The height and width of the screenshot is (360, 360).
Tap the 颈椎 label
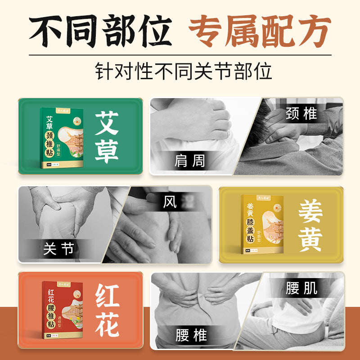coord(301,114)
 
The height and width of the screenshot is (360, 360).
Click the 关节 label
coord(58,248)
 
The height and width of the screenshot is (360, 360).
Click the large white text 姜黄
coord(310,225)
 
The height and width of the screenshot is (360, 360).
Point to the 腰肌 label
coord(301,288)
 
